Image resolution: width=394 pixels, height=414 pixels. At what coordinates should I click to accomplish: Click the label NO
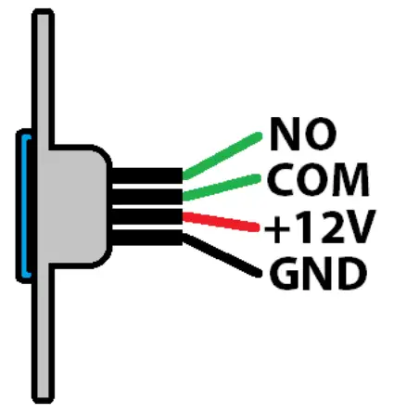point(302,135)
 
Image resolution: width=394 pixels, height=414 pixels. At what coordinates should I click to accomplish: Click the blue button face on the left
point(23,206)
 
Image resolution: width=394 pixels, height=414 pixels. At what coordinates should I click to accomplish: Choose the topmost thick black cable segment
point(146,174)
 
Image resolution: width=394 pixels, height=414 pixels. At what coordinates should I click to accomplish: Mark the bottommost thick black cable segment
point(146,240)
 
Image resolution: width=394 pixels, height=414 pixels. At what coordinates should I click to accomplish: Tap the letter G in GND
point(284,274)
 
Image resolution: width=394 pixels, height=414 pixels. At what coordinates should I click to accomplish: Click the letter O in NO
point(320,135)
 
